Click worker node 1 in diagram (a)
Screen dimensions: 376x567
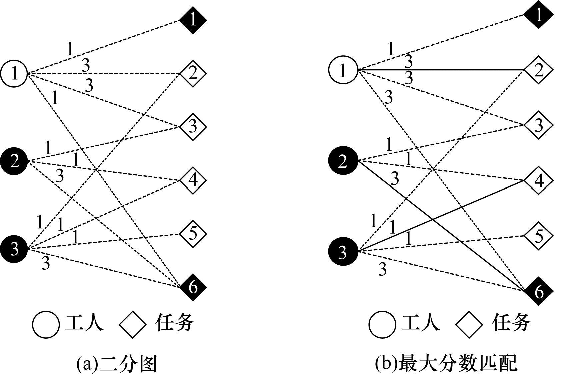14,73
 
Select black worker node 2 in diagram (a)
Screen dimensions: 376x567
14,162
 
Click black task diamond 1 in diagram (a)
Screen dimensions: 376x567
193,20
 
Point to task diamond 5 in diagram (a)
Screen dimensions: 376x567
193,234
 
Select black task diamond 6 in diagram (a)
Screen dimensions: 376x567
193,287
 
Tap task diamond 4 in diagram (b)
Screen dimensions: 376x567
538,180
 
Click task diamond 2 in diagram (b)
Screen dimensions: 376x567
538,70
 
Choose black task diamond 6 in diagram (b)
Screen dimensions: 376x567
538,291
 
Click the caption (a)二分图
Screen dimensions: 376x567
117,364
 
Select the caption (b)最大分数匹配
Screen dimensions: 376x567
446,364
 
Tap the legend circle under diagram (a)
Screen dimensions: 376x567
46,324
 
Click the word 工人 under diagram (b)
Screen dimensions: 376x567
421,323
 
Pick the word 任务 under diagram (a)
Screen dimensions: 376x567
174,323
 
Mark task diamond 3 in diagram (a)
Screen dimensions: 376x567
193,127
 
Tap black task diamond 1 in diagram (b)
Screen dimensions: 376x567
538,15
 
